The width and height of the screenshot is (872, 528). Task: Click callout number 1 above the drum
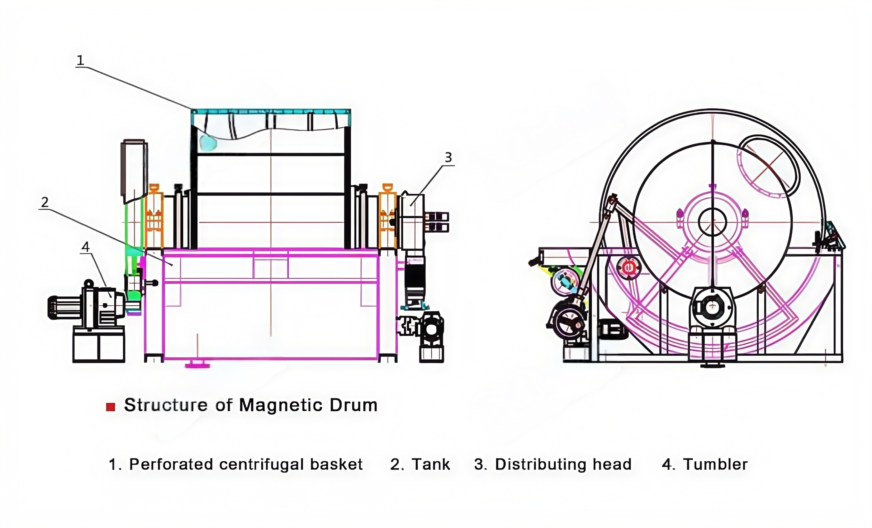pos(80,60)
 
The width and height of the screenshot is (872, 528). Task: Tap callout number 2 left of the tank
pos(45,202)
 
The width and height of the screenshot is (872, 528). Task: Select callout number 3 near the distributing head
pos(448,158)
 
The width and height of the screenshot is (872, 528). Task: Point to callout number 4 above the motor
pos(85,247)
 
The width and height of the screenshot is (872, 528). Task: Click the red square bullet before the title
pos(111,407)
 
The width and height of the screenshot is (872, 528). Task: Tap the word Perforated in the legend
pos(171,464)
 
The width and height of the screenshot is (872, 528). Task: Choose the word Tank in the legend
pos(431,464)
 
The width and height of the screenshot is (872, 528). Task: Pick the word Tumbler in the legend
pos(715,464)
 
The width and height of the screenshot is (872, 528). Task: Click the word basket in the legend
pos(336,464)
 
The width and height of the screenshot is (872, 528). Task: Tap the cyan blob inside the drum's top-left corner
pos(208,142)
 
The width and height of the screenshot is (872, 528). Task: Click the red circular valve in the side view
pos(628,267)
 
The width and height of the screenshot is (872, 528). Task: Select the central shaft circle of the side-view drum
pos(713,222)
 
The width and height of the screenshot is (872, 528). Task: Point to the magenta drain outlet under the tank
pos(197,365)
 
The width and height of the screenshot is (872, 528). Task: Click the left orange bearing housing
pos(154,216)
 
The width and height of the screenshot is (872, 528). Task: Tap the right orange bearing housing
pos(387,216)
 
